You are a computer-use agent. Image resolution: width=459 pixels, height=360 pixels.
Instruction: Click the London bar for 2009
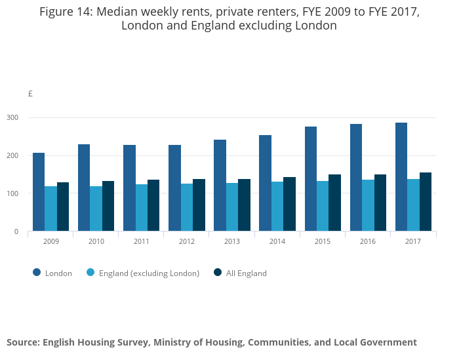[x=39, y=191]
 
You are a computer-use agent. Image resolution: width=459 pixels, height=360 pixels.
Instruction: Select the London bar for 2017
[x=401, y=176]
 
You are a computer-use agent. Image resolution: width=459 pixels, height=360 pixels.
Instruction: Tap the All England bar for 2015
[x=335, y=203]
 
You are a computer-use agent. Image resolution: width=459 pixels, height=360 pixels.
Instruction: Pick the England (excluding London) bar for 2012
[x=187, y=207]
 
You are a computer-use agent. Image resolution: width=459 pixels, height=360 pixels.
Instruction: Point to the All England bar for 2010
[x=108, y=206]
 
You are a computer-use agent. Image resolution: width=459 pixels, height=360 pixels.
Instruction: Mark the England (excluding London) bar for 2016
[x=368, y=205]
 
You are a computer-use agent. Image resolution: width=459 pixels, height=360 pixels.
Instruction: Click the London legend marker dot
[x=37, y=273]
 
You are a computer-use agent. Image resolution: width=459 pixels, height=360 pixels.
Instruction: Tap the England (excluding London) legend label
[x=149, y=273]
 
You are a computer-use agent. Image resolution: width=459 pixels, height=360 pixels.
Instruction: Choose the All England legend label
[x=247, y=273]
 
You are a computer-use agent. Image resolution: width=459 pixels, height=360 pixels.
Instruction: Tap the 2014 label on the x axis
[x=277, y=242]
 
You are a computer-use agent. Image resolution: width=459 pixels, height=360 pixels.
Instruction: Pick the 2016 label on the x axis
[x=368, y=242]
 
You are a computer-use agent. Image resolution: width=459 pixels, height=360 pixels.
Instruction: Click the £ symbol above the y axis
[x=30, y=94]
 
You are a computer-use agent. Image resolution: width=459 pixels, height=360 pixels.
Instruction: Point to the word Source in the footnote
[x=24, y=342]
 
